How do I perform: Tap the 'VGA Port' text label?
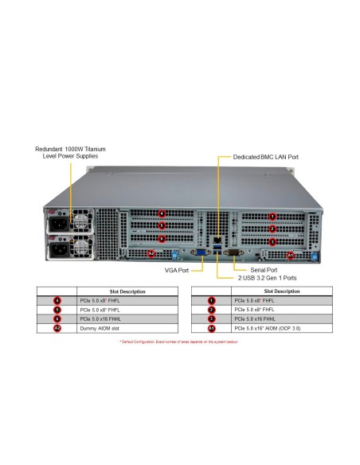(178, 271)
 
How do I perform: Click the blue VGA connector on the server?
(198, 255)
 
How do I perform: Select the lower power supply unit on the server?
(70, 248)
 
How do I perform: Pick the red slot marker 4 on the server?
(162, 213)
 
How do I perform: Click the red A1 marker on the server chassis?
(290, 255)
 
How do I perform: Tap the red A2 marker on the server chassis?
(152, 254)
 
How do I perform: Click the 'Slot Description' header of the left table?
(127, 291)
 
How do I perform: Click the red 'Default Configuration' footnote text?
(179, 340)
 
